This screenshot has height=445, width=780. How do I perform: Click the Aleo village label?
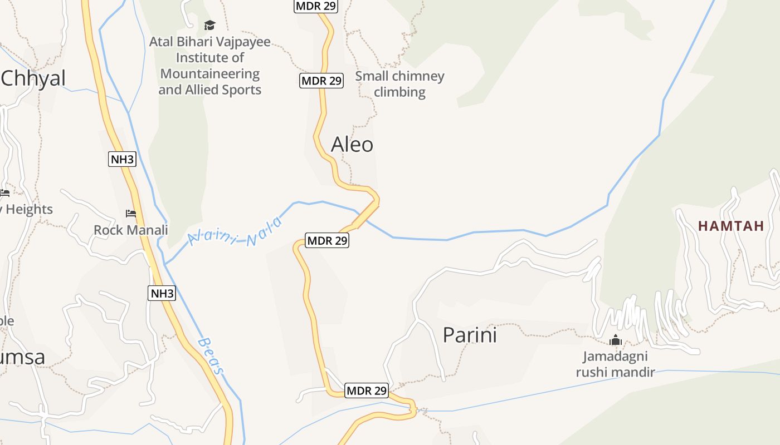[x=352, y=145]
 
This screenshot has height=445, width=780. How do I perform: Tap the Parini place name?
[x=470, y=335]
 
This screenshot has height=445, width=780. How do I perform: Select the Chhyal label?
[x=33, y=78]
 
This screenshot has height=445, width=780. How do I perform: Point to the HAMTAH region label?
[x=731, y=226]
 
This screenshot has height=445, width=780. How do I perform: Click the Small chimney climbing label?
[x=399, y=84]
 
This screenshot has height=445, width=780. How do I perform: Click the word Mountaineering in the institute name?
[x=210, y=74]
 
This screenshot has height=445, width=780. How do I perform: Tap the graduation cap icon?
[x=209, y=25]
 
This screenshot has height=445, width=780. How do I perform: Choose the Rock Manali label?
[x=130, y=230]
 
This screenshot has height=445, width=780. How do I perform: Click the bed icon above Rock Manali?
[x=131, y=214]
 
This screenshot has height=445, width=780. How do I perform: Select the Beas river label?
[x=212, y=356]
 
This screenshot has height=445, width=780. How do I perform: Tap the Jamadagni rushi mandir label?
[x=615, y=364]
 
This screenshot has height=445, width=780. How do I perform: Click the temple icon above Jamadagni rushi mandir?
[x=615, y=340]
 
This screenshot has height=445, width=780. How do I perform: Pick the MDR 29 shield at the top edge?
[x=315, y=6]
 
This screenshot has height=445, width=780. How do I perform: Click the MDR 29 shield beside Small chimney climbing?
[x=321, y=81]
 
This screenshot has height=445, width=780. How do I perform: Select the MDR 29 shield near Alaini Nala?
[x=327, y=241]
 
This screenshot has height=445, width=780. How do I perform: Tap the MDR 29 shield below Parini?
[x=367, y=390]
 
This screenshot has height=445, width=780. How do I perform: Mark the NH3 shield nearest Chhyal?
[x=122, y=160]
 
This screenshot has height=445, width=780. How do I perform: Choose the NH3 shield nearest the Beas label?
[x=162, y=293]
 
